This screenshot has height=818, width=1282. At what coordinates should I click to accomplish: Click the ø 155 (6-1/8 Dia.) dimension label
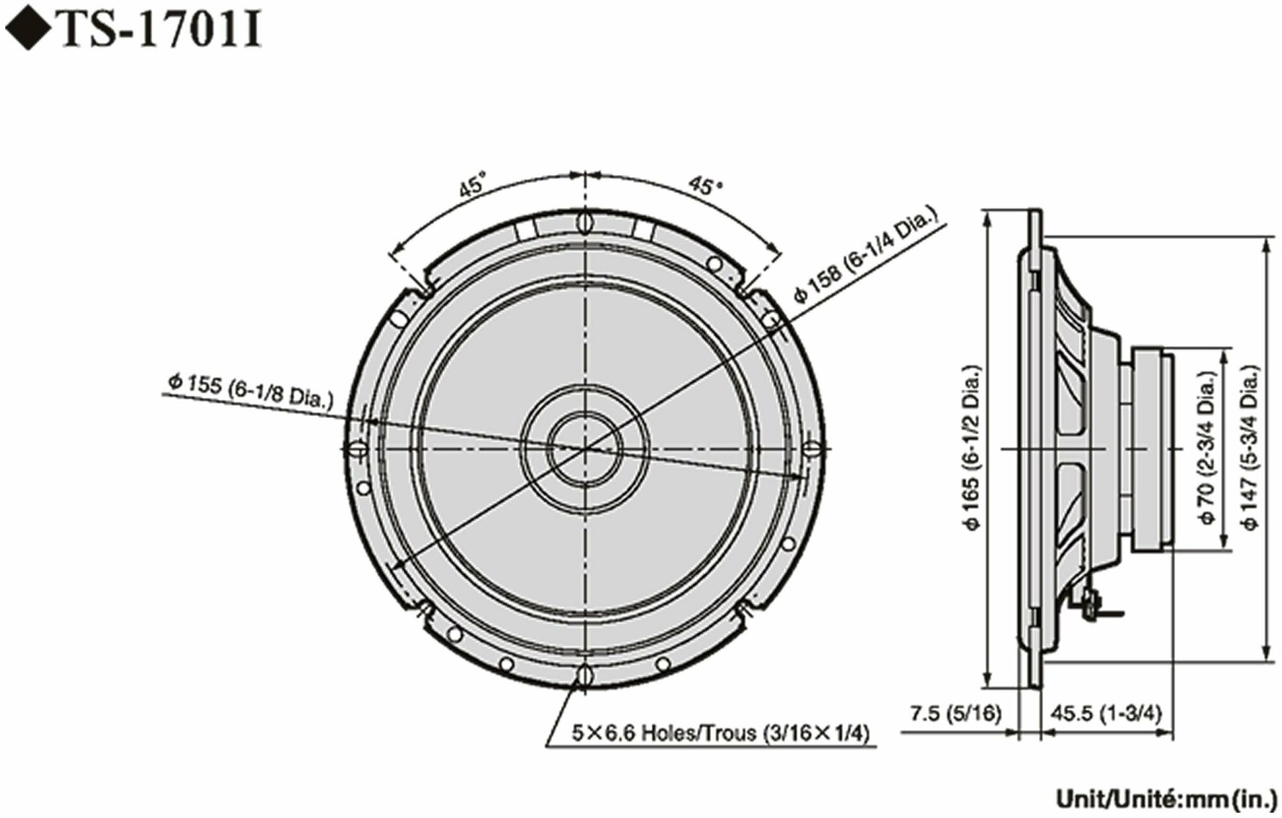pos(250,391)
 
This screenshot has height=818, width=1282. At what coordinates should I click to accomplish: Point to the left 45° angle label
pos(472,187)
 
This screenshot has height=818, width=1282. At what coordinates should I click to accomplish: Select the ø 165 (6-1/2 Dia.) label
pos(972,448)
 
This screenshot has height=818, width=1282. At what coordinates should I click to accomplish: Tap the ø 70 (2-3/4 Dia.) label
pos(1207,448)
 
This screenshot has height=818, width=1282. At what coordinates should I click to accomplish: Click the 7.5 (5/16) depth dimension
pos(954,714)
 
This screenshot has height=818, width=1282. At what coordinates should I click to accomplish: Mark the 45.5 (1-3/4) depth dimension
pos(1106,714)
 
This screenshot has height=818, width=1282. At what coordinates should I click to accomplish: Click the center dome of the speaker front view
pos(584,448)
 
